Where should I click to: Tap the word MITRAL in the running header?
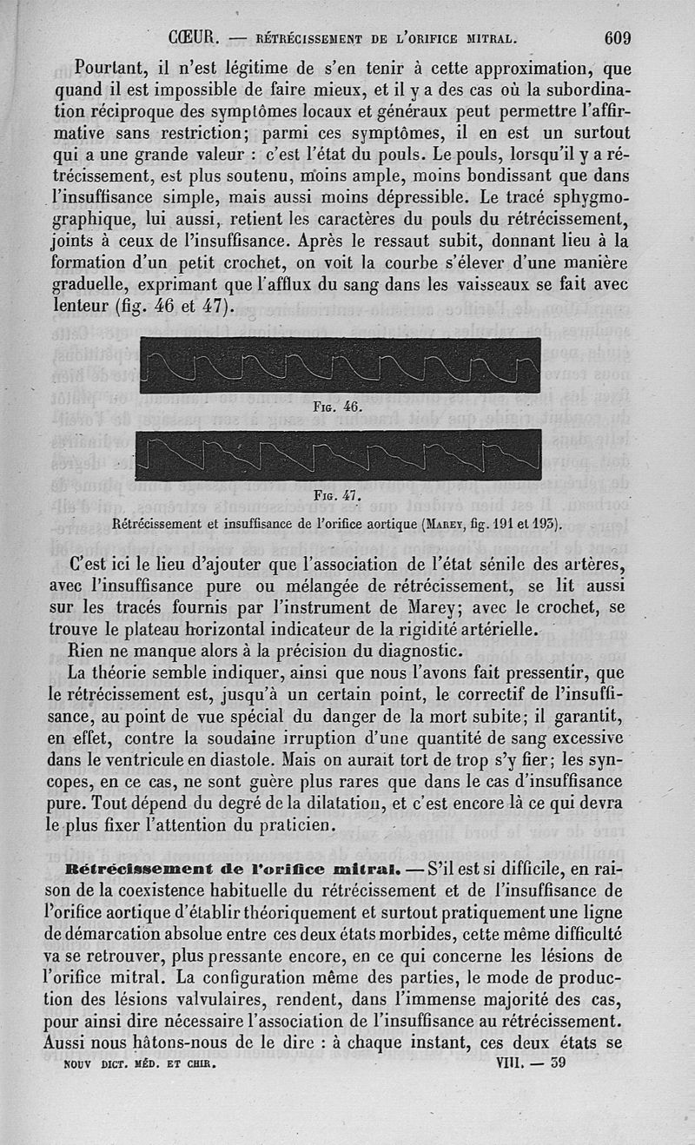(x=489, y=39)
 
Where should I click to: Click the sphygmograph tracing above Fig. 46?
(x=339, y=366)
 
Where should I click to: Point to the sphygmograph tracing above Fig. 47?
(x=339, y=454)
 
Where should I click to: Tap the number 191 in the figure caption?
(x=505, y=523)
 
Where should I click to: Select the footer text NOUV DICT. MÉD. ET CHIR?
(x=140, y=1062)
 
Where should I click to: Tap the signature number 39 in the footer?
(x=558, y=1062)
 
